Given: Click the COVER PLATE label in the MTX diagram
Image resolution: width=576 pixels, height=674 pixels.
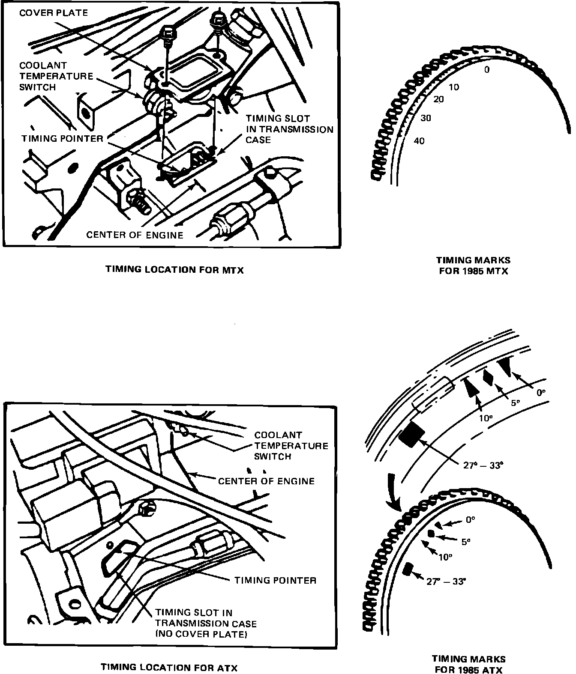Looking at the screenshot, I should (x=53, y=13).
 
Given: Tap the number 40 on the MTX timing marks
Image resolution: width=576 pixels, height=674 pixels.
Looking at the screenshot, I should (x=420, y=141).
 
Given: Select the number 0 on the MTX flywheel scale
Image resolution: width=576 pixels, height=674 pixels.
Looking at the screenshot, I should (x=486, y=69).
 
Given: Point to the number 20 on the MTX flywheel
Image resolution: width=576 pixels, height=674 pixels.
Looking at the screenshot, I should (x=438, y=99).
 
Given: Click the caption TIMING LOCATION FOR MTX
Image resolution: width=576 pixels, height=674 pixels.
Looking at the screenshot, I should (x=174, y=270).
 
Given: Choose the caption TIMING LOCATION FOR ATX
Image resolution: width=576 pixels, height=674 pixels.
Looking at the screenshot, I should (x=169, y=667).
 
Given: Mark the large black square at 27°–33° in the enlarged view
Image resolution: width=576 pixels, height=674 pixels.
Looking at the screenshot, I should (x=411, y=434).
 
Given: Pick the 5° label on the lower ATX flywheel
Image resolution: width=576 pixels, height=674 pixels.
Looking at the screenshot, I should (x=466, y=542).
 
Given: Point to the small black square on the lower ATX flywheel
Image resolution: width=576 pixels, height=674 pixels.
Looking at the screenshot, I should (x=408, y=569).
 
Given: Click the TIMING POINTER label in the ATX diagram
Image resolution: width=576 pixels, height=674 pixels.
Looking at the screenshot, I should (x=275, y=580).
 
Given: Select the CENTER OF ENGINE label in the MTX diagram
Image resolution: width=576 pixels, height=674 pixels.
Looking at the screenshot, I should (x=135, y=235).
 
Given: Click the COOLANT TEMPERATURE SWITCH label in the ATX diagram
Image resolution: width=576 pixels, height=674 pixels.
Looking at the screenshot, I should (x=291, y=446).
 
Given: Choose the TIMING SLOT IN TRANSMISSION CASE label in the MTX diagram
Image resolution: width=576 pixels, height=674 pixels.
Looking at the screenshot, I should (x=289, y=129).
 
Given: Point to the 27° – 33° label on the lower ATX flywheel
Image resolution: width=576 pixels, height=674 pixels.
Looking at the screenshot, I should (x=446, y=582).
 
